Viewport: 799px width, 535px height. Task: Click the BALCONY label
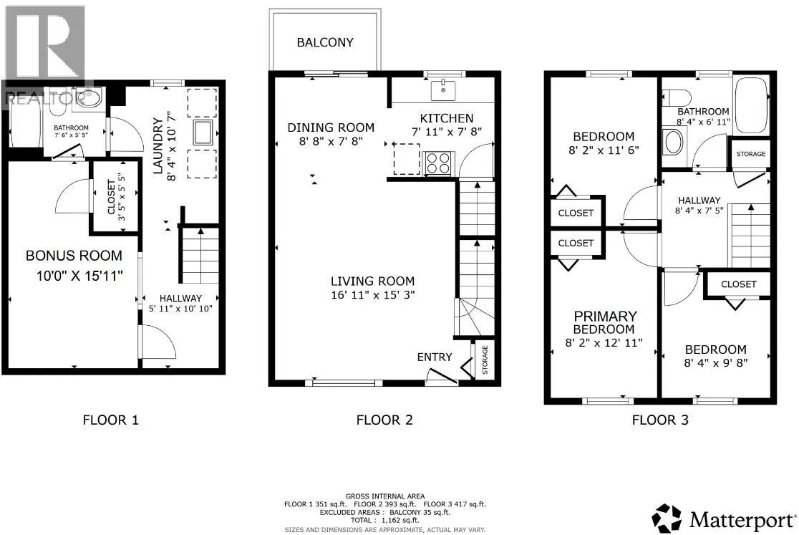[325, 42]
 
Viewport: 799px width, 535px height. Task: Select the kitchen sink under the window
[443, 91]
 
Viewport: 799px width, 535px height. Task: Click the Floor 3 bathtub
[751, 106]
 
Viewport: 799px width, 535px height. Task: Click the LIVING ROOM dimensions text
[372, 294]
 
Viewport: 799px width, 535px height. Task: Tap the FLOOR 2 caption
[384, 420]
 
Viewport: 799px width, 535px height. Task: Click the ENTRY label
[435, 357]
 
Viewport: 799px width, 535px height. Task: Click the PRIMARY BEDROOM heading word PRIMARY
[606, 316]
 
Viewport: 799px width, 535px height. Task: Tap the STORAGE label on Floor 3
[750, 154]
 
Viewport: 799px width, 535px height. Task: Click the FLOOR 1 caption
[111, 420]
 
